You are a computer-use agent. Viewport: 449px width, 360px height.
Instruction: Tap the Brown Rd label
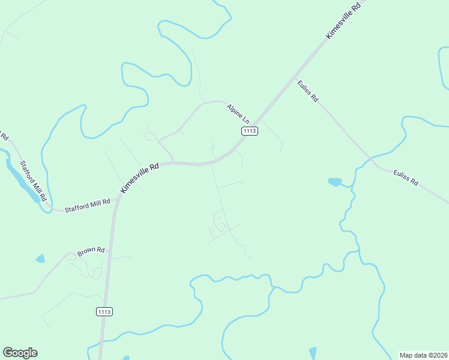[x=91, y=250]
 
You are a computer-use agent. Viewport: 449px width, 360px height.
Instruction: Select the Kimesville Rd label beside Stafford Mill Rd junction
[x=139, y=178]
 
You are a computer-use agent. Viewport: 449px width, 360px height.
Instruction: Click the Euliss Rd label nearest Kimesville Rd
[x=307, y=91]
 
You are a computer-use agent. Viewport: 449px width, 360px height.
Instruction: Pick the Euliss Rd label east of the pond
[x=406, y=178]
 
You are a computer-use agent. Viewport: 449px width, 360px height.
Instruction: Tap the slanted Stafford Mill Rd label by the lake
[x=33, y=181]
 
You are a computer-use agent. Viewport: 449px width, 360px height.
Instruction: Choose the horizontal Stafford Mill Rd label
[x=88, y=206]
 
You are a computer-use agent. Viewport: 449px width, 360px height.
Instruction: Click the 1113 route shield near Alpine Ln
[x=250, y=131]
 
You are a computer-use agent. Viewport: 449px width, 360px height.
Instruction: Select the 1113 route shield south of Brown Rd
[x=104, y=311]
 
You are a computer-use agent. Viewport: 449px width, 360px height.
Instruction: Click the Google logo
[x=20, y=353]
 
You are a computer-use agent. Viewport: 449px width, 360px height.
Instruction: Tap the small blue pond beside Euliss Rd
[x=334, y=181]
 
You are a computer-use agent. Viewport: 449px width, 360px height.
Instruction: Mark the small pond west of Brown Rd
[x=40, y=259]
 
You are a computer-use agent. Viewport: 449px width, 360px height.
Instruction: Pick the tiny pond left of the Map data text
[x=312, y=352]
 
